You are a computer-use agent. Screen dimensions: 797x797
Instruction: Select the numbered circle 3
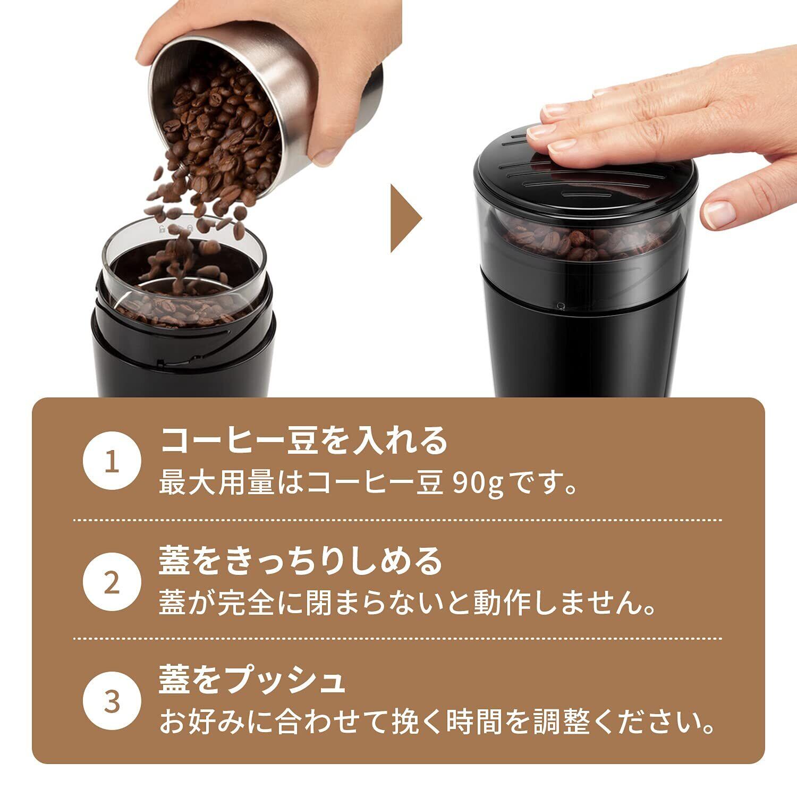pyautogui.click(x=112, y=702)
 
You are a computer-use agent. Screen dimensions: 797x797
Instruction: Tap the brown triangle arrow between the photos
pyautogui.click(x=406, y=218)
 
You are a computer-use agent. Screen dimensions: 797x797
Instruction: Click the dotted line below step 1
pyautogui.click(x=397, y=519)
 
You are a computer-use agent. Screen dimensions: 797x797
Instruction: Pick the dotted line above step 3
pyautogui.click(x=397, y=638)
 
